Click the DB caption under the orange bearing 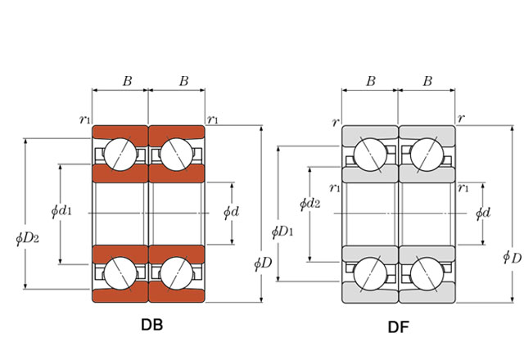(151, 325)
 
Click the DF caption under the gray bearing (399, 327)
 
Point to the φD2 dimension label (28, 238)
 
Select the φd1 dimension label (61, 211)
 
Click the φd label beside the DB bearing (232, 212)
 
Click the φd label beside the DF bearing (483, 213)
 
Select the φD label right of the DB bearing (263, 263)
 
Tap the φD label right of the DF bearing (512, 258)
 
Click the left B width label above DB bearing (127, 81)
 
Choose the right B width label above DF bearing (427, 82)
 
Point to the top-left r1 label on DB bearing (84, 119)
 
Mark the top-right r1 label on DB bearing (213, 120)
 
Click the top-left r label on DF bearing (335, 122)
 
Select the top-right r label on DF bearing (462, 119)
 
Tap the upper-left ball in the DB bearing (120, 153)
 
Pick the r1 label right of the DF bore (463, 188)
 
